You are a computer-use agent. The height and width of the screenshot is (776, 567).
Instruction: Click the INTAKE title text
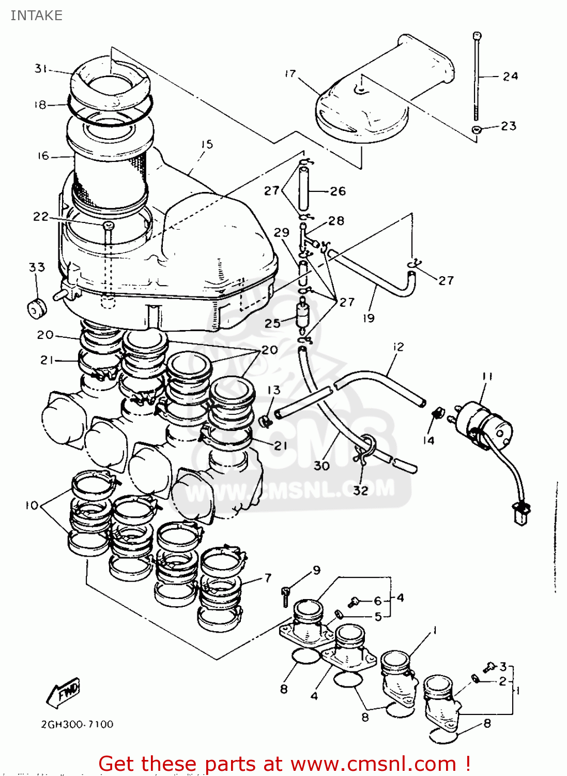click(x=36, y=16)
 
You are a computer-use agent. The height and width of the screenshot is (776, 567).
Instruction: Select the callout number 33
click(x=37, y=267)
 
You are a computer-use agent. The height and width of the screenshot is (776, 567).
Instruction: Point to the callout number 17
click(x=290, y=74)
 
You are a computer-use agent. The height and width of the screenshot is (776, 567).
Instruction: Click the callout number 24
click(x=510, y=76)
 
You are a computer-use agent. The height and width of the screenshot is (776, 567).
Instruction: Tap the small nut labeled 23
click(x=477, y=129)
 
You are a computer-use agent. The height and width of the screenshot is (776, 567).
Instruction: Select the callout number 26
click(x=338, y=191)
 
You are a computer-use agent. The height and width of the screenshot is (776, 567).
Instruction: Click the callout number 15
click(x=207, y=144)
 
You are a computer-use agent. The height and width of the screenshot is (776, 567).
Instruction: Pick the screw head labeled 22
click(x=109, y=226)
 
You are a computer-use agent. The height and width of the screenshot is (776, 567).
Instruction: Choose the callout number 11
click(x=487, y=377)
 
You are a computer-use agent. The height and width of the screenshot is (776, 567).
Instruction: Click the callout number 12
click(x=398, y=347)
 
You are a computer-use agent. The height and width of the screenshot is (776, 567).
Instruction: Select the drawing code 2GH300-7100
click(x=77, y=724)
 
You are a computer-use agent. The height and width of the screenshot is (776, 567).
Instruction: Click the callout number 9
click(x=316, y=570)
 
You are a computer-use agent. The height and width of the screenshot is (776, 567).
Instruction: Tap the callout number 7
click(x=267, y=578)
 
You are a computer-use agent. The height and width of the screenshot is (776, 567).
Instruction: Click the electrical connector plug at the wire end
click(x=521, y=514)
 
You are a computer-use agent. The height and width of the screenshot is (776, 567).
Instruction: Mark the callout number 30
click(x=321, y=466)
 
